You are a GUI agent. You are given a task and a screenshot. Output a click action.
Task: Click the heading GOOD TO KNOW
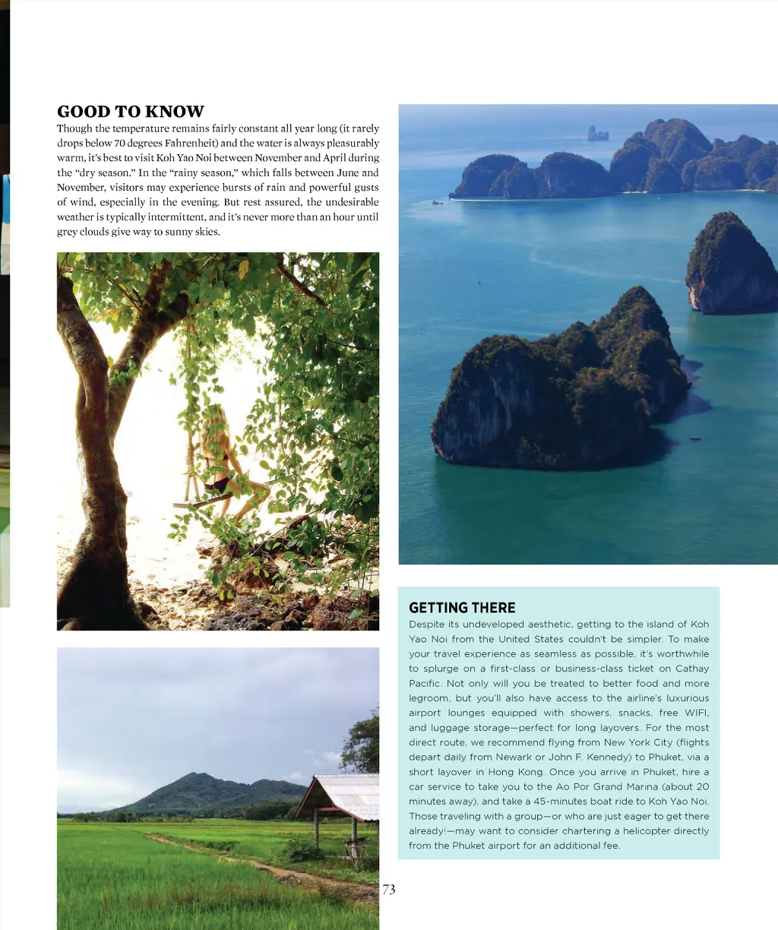pos(131,112)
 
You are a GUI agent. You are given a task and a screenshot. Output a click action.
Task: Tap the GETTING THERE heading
pos(462,608)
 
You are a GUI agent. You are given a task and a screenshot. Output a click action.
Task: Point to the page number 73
pos(389,890)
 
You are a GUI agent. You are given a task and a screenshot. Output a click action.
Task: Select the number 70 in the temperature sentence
pos(119,143)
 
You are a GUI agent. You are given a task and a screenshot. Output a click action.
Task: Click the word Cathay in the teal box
pos(691,669)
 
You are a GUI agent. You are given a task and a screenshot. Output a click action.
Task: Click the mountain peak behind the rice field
pos(199,777)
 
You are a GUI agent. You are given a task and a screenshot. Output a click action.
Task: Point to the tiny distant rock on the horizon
pos(597,134)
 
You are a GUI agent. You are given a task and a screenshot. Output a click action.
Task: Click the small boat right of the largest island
pos(695,439)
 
